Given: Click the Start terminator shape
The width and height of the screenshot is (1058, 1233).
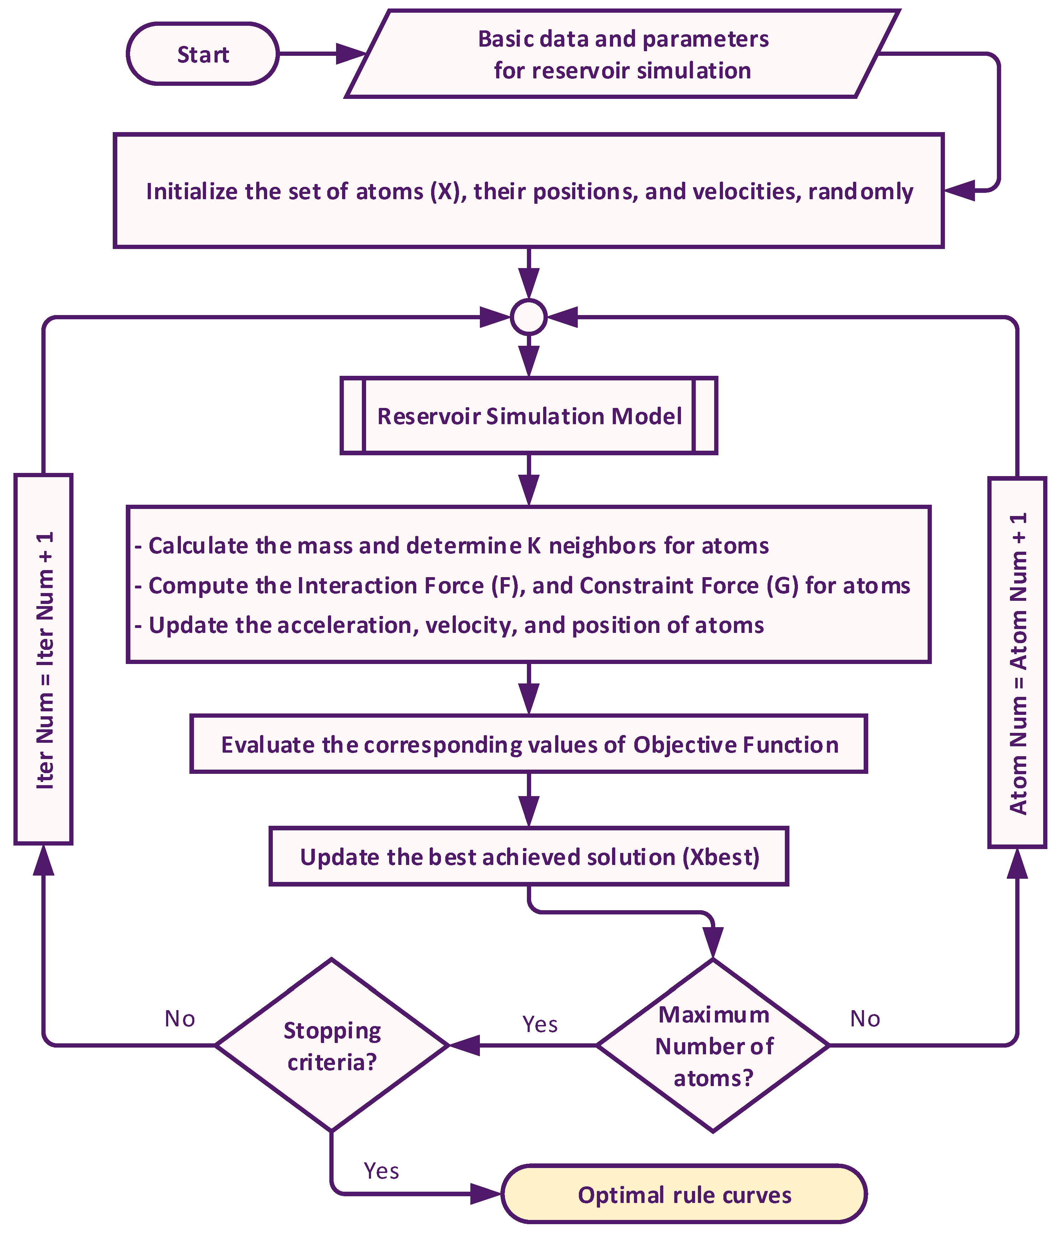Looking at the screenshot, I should [202, 54].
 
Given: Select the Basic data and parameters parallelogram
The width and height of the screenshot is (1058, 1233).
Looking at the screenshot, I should [622, 54].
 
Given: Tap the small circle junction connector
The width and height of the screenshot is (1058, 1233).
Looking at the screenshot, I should [529, 317].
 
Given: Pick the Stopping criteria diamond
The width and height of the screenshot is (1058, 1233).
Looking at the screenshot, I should [331, 1045].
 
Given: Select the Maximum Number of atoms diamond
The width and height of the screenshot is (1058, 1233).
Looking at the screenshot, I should [713, 1045].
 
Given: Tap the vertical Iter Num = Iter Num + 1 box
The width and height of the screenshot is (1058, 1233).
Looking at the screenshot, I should [43, 659].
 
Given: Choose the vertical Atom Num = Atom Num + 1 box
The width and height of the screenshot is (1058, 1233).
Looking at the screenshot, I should [1017, 662].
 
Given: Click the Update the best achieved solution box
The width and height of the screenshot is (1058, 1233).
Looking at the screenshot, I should [529, 856].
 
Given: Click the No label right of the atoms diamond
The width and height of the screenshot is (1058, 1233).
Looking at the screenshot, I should [864, 1019].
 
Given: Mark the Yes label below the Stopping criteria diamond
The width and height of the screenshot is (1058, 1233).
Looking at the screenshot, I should [381, 1170].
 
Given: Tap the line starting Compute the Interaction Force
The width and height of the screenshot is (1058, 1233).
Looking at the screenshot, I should [523, 586].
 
